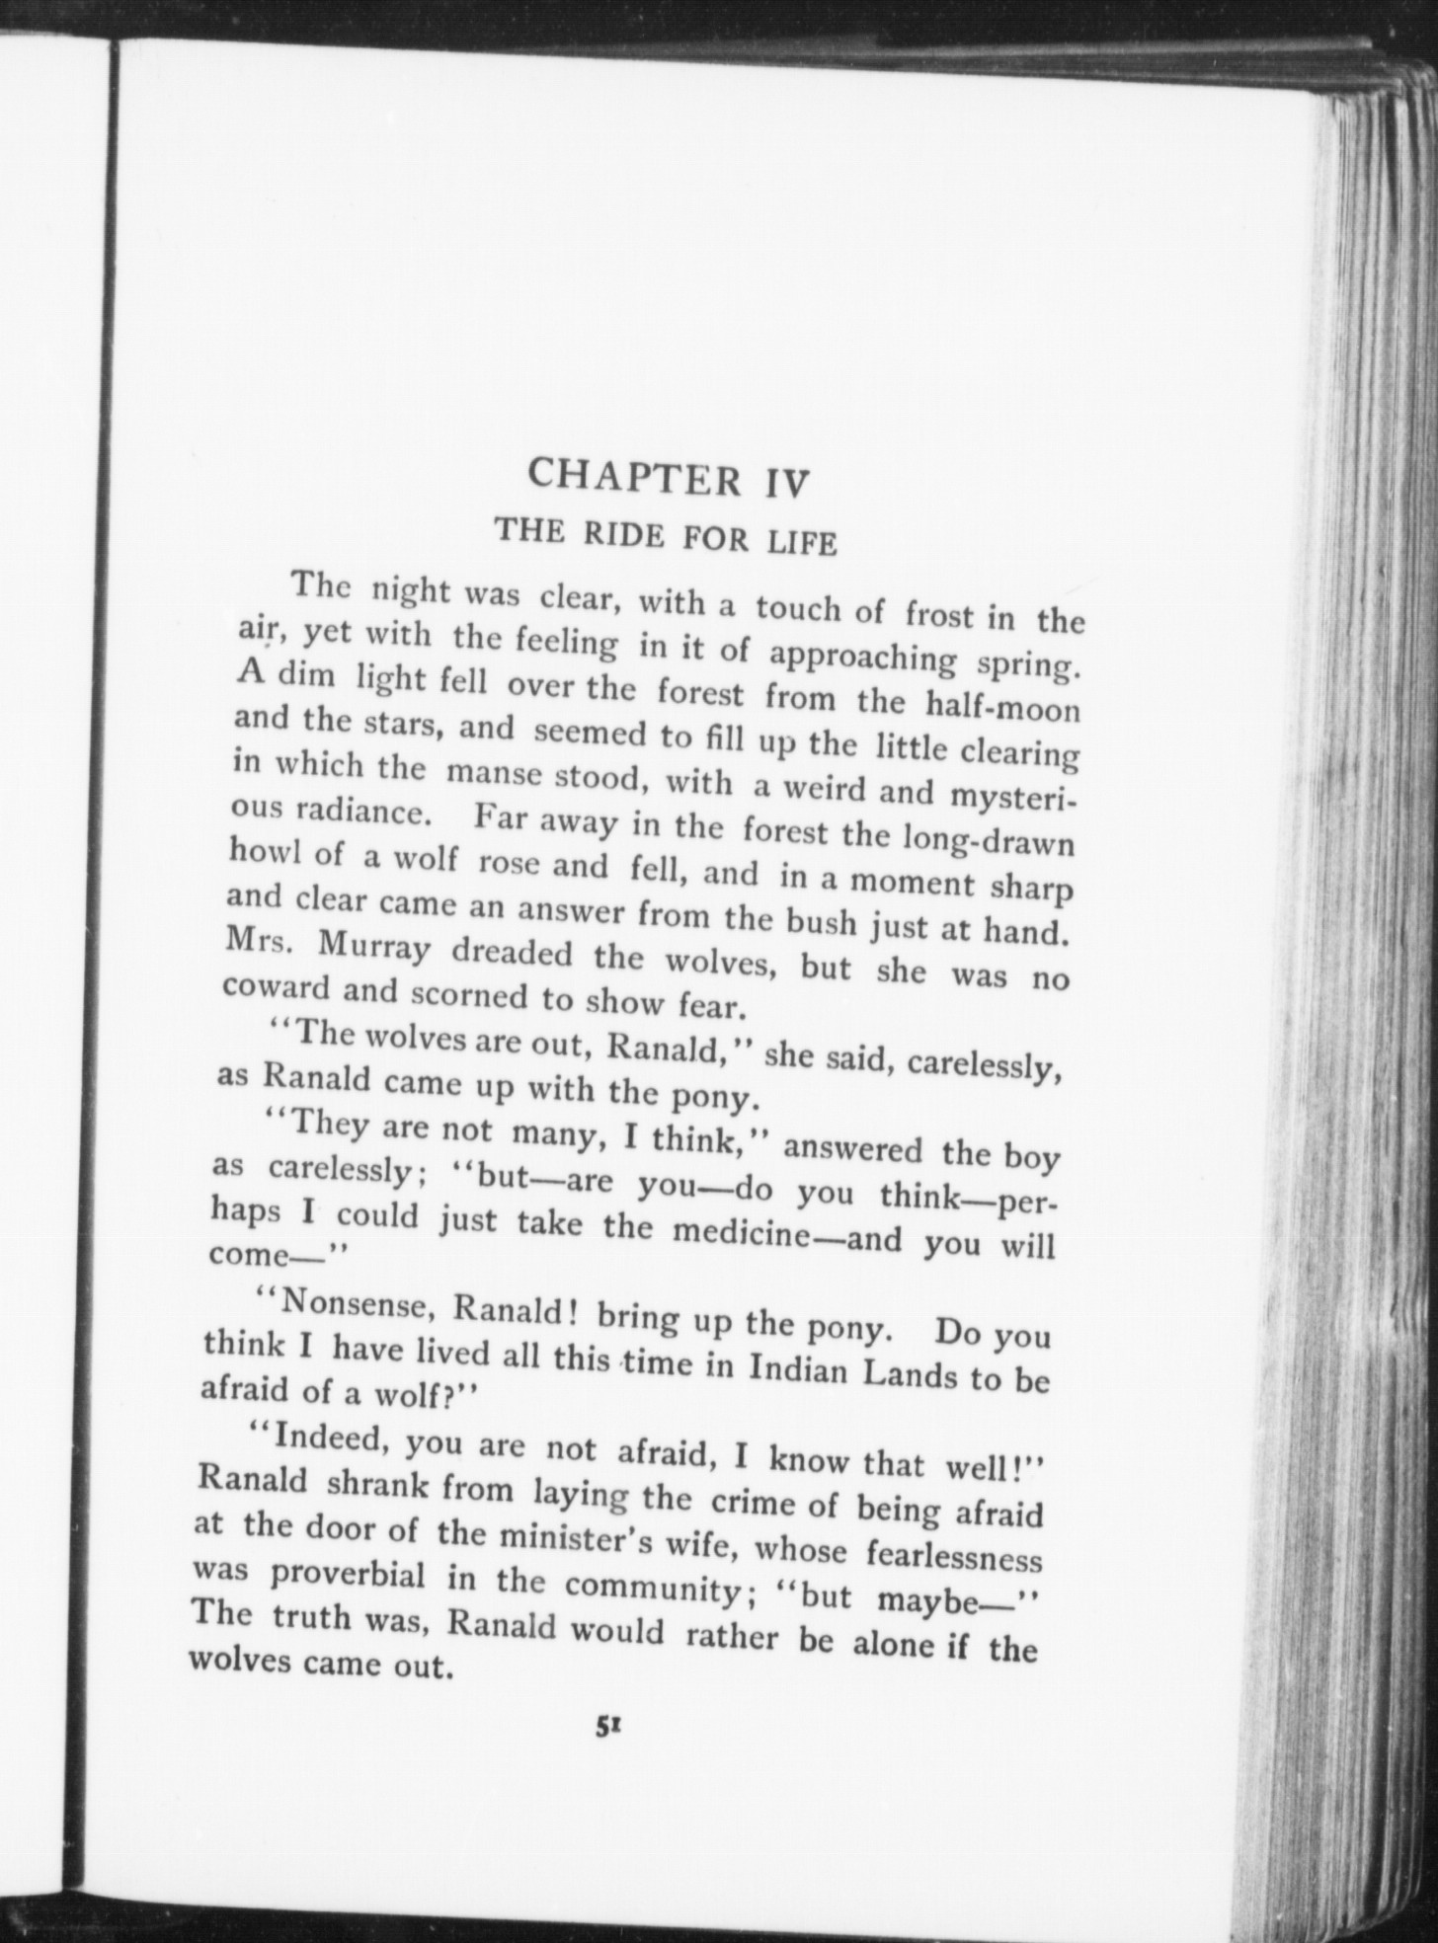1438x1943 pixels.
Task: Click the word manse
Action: [494, 773]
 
